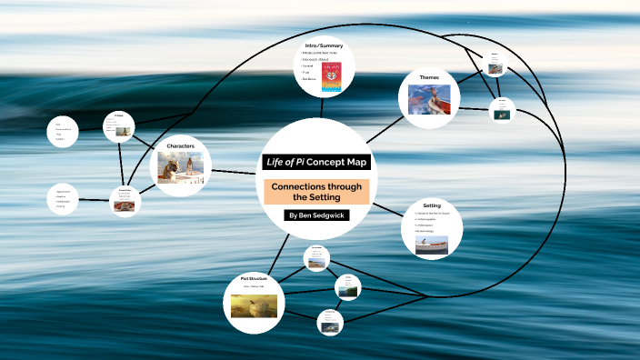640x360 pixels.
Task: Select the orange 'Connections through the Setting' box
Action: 316,191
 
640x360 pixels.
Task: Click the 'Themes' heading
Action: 429,77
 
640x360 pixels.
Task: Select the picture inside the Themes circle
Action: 429,99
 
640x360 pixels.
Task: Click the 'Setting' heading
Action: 432,205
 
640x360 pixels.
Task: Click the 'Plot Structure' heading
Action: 255,278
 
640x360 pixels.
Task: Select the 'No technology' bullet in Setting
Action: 425,231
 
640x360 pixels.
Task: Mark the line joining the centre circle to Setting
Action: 385,208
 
